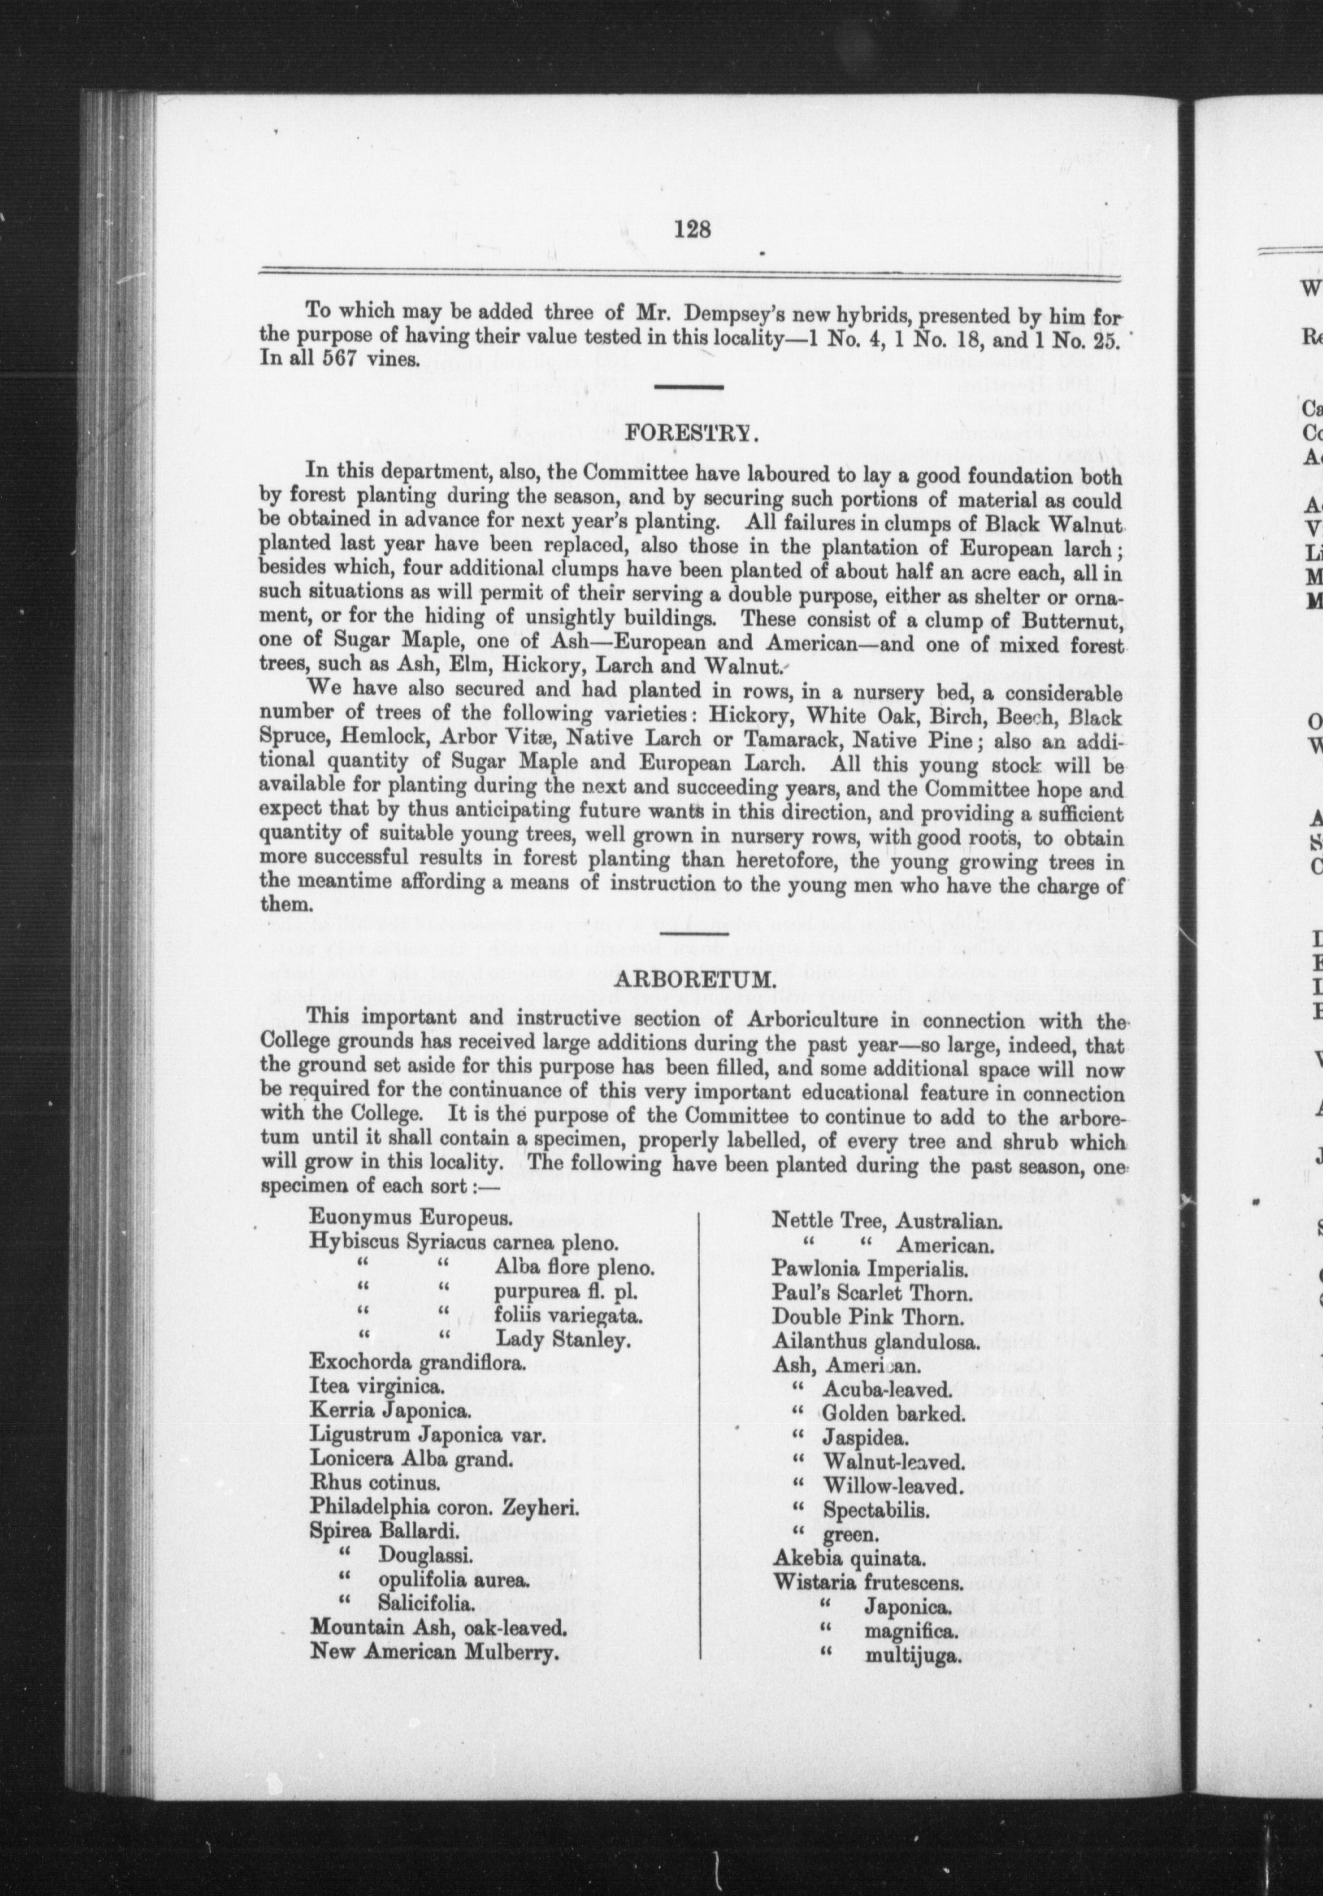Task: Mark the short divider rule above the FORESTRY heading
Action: tap(689, 387)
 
